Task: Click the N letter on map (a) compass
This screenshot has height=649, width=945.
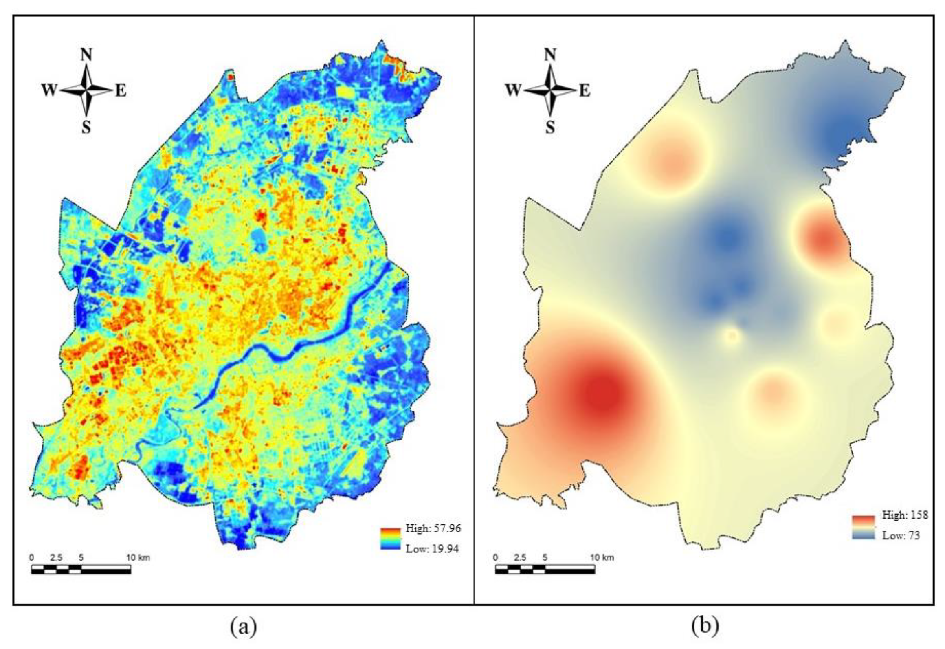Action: tap(86, 55)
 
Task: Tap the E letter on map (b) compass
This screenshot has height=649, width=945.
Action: tap(585, 90)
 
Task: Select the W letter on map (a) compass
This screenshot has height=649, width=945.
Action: tap(49, 90)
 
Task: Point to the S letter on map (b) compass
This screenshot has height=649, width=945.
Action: tap(550, 128)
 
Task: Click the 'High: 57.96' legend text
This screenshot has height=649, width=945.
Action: tap(433, 528)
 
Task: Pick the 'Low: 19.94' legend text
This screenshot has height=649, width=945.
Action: tap(432, 548)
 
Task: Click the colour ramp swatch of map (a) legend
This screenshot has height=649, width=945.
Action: tap(390, 539)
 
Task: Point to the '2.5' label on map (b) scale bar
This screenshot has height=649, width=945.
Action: tap(520, 557)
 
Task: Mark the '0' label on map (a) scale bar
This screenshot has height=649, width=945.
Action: tap(32, 557)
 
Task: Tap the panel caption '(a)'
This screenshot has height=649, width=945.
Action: tap(243, 627)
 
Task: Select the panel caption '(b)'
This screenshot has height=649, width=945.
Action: tap(705, 627)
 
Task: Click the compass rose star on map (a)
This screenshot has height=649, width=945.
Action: tap(86, 90)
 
